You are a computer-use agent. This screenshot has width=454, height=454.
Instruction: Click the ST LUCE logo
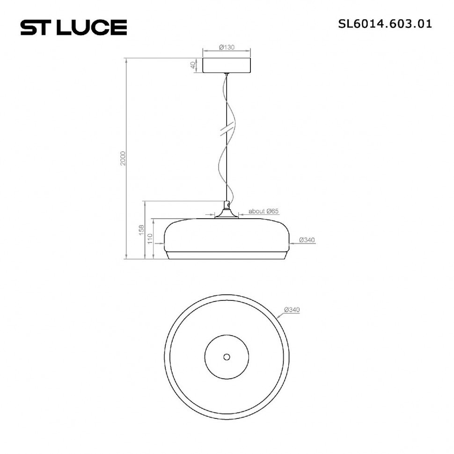(73, 27)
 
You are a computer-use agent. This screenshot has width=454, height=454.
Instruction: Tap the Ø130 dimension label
(227, 47)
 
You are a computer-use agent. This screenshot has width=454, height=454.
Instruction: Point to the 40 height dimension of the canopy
(193, 65)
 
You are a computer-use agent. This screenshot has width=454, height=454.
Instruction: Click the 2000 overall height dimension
(123, 158)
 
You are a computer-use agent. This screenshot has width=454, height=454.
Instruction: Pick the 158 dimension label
(141, 230)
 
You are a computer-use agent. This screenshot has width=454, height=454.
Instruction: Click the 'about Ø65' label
(264, 211)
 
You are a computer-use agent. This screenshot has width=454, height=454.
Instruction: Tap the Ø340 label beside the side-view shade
(307, 240)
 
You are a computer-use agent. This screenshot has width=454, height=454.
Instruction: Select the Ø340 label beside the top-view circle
(291, 310)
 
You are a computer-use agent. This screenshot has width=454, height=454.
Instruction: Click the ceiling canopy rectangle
(227, 65)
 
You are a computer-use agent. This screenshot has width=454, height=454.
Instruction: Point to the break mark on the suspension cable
(227, 129)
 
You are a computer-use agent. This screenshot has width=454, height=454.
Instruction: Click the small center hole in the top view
(227, 357)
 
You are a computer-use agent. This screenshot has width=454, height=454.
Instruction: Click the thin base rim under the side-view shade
(227, 256)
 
